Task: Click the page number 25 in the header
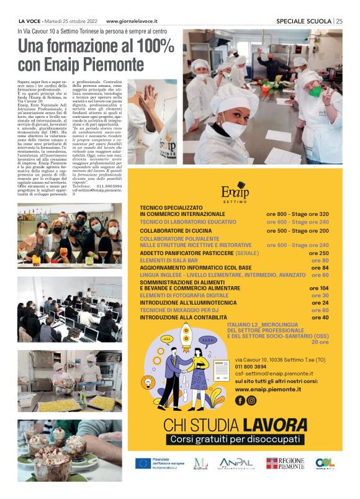tap(339, 20)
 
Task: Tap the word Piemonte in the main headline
tap(109, 64)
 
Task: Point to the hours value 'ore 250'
tap(319, 253)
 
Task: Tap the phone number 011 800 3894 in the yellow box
tap(251, 366)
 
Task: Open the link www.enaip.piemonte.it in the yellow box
tap(268, 389)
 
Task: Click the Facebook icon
tap(240, 400)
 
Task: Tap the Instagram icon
tap(251, 400)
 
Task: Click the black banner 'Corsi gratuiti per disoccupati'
tap(237, 439)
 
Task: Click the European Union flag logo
tap(143, 463)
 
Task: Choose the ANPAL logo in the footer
tap(236, 463)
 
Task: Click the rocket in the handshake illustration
tap(186, 336)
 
